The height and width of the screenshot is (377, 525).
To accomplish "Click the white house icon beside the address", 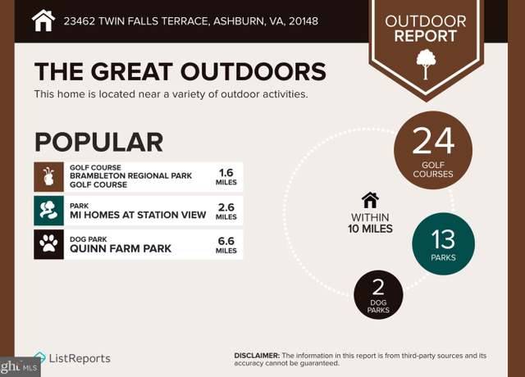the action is coord(43,20).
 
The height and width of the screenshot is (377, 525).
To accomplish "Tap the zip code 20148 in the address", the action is coord(304,21).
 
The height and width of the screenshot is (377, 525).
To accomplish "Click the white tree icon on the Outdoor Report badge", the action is coord(426,64).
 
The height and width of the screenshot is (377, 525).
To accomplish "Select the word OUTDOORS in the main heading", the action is coord(253,71).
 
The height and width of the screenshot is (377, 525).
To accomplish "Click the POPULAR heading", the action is coord(99,142).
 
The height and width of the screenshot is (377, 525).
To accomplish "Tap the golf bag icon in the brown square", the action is coord(48,177).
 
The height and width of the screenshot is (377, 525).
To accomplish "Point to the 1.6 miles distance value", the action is coord(226,177).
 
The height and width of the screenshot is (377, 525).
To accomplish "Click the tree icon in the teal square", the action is coord(48,211).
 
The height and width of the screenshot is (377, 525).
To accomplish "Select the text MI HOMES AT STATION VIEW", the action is coord(138,215).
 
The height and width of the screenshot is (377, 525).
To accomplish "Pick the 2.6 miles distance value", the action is coord(226,211).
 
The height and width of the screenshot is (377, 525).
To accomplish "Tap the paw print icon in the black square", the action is coord(48,243).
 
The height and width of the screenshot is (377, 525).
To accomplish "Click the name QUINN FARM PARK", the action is coord(121,248).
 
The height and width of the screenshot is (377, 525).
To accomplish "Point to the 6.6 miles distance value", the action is coord(226,245).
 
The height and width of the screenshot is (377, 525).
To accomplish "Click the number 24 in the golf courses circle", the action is coord(433,141).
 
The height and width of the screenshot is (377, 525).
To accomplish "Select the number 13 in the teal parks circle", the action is coord(443,239).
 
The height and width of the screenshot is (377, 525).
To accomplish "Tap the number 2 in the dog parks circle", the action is coord(378,287).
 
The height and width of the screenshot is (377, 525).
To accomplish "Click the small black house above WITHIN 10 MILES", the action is coord(370,200).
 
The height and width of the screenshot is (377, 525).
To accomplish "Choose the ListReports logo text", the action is coord(80,358).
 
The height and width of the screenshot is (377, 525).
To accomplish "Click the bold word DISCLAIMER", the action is coord(257,356).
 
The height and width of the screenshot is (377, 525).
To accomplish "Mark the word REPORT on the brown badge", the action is coord(426,36).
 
